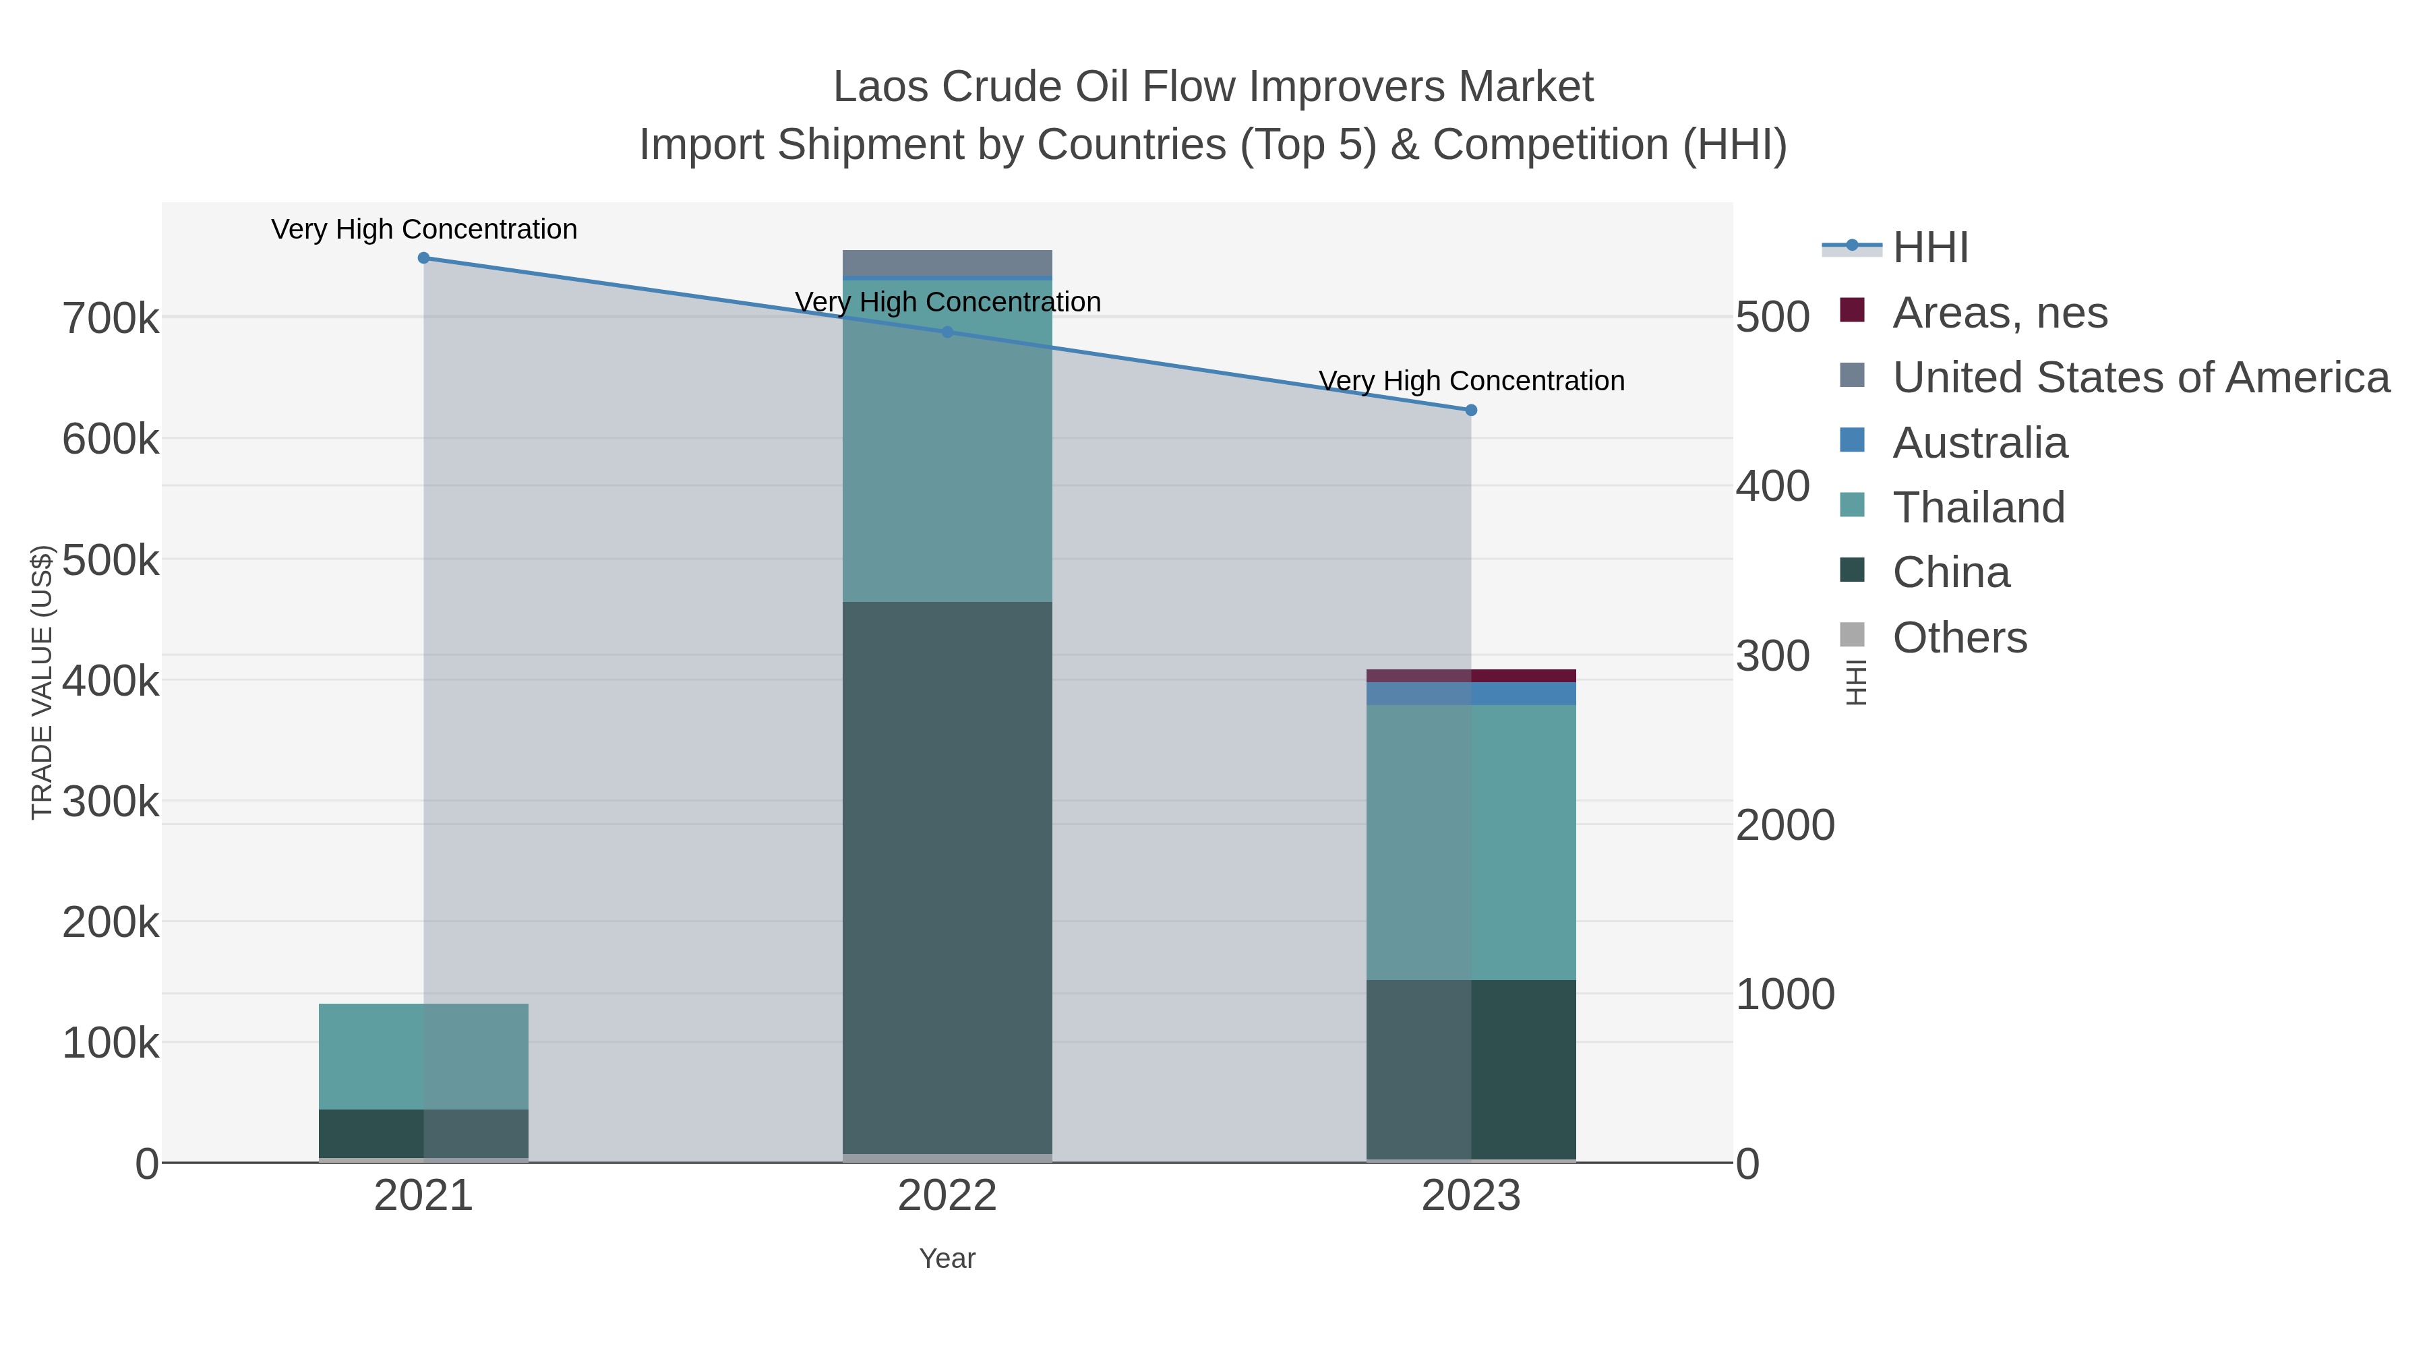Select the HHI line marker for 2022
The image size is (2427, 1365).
pos(948,332)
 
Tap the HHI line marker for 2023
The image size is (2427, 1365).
pos(1472,410)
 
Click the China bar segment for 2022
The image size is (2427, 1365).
pos(947,876)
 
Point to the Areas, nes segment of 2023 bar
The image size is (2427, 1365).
pos(1472,675)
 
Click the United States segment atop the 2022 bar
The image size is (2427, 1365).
pos(947,263)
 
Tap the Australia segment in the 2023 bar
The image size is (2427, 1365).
pos(1472,694)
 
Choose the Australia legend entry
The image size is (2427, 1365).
pos(1979,443)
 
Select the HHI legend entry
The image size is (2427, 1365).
pos(1929,248)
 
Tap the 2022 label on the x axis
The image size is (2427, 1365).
pos(947,1196)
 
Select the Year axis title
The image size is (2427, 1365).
pos(947,1258)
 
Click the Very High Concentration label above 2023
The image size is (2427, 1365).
pos(1472,382)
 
